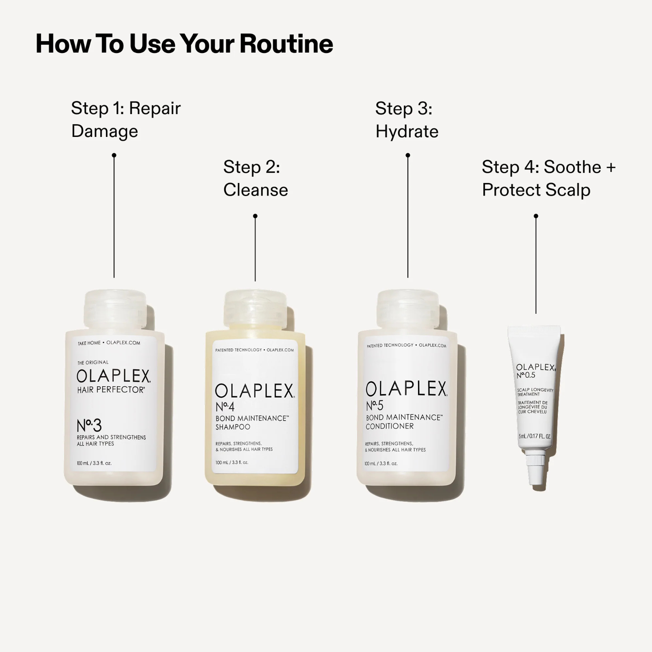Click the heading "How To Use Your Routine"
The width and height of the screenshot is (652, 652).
184,44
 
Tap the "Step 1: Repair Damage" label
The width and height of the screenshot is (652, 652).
126,119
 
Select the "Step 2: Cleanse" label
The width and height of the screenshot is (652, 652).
256,178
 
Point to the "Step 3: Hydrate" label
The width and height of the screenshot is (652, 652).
406,120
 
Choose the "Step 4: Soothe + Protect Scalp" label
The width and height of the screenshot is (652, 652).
548,178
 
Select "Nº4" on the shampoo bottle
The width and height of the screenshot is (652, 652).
225,407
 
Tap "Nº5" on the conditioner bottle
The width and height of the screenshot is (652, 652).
375,405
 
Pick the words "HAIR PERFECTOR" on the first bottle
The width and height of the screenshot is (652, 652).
111,390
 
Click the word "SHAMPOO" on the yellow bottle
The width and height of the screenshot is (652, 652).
233,427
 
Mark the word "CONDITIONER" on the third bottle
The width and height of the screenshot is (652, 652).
390,426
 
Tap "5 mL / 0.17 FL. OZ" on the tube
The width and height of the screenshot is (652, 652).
535,436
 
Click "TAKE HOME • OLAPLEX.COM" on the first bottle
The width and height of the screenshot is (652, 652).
109,343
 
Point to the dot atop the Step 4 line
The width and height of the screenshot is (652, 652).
536,216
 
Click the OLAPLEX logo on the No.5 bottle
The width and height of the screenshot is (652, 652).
406,389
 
